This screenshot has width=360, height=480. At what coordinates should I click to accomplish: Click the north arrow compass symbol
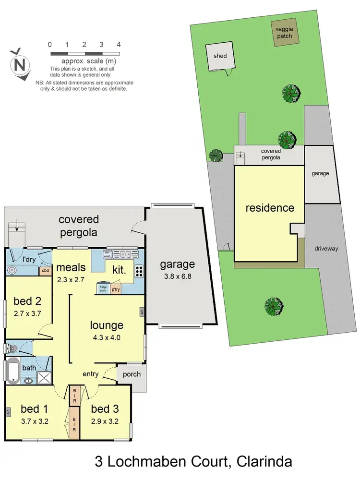[20, 63]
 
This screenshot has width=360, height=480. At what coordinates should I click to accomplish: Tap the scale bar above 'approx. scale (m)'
[84, 53]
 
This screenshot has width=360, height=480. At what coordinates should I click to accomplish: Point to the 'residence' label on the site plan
[270, 208]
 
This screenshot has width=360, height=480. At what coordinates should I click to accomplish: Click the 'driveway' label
[326, 249]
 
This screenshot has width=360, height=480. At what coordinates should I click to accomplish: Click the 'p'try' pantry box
[116, 289]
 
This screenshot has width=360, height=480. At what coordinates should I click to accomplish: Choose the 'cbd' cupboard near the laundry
[45, 271]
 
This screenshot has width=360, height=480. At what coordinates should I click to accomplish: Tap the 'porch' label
[132, 374]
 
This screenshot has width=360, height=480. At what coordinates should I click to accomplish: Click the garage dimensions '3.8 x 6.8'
[178, 276]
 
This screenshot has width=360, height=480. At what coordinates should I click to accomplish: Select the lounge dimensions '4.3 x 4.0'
[107, 337]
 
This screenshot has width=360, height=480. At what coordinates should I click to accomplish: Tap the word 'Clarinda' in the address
[259, 463]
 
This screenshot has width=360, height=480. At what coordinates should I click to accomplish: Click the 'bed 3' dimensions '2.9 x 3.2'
[105, 422]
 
